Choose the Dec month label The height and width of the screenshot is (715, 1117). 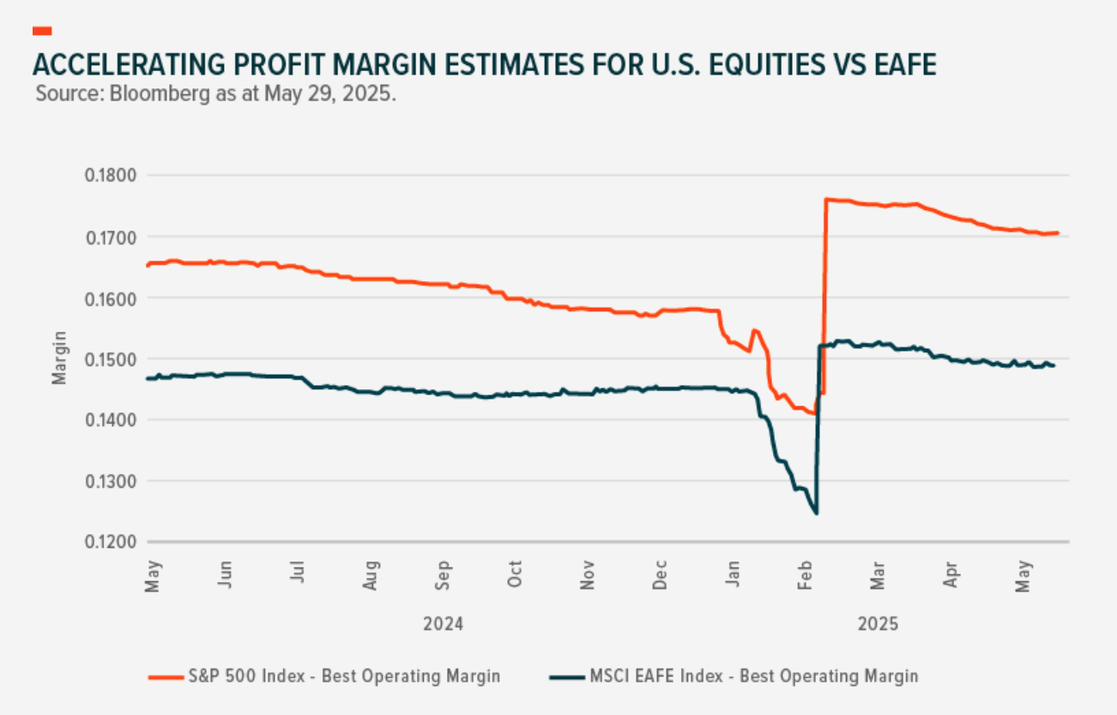[x=660, y=574]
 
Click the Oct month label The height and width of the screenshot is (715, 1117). [x=515, y=574]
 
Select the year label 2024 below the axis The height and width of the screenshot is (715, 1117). [x=443, y=624]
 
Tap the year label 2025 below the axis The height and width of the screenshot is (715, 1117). [x=878, y=624]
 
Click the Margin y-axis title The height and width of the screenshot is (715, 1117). [x=59, y=359]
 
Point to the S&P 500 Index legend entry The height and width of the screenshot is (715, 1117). [x=343, y=676]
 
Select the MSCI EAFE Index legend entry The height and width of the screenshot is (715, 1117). [x=753, y=676]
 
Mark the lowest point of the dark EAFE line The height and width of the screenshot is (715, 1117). [x=816, y=514]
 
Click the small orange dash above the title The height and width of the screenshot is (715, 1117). [x=42, y=31]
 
